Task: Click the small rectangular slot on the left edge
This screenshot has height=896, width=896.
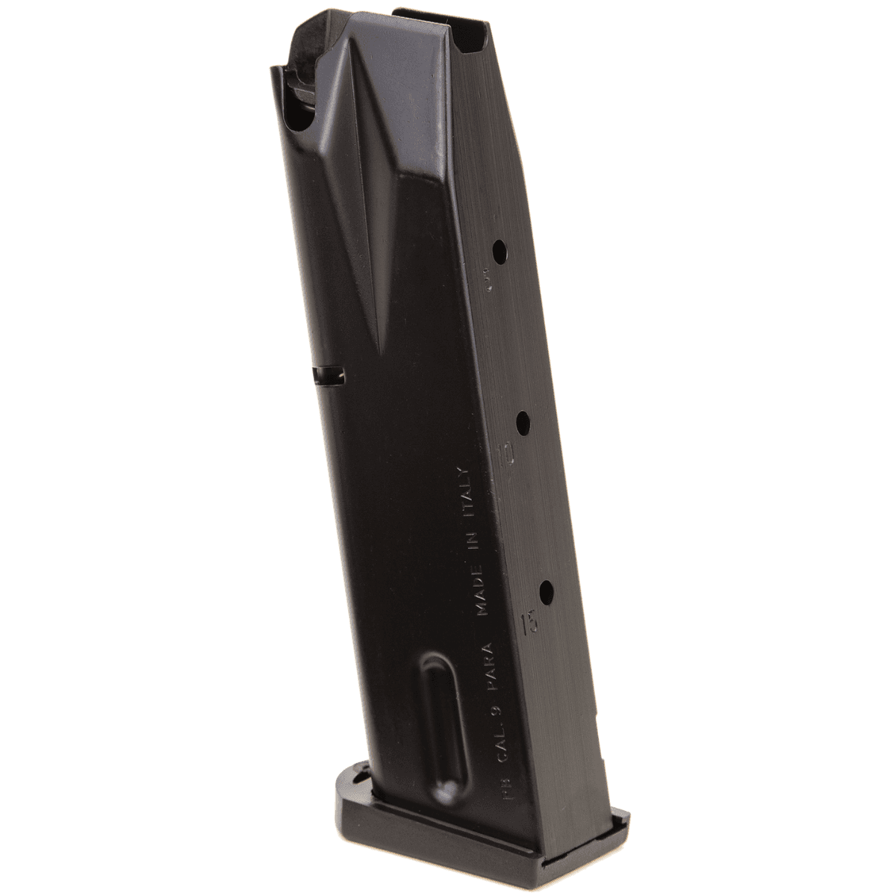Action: (329, 377)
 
